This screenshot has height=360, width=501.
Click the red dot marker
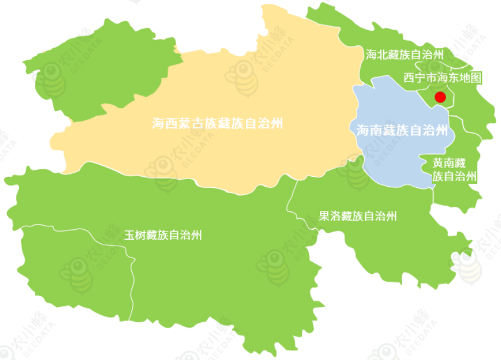click(440, 97)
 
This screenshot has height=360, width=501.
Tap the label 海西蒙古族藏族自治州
click(217, 124)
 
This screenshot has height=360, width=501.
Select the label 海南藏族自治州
click(402, 130)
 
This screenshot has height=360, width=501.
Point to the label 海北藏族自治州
click(404, 55)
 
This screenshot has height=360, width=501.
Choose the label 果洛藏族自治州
click(358, 216)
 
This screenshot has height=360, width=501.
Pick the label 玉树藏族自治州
click(163, 235)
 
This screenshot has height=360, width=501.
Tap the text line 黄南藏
click(449, 163)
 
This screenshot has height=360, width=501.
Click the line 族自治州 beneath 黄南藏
click(454, 176)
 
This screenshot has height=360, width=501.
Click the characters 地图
click(472, 78)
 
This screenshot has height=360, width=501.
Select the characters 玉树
click(131, 235)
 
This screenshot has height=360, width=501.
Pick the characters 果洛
click(327, 216)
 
